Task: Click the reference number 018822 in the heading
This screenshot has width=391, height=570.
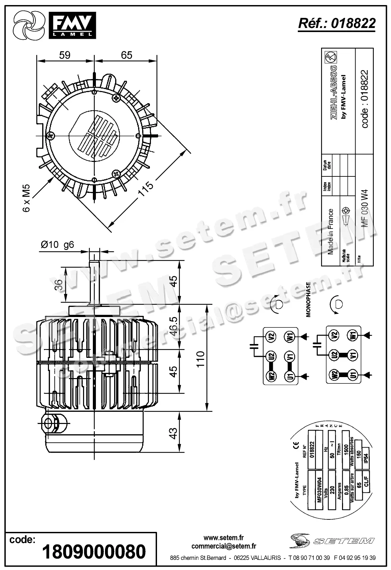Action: pyautogui.click(x=353, y=23)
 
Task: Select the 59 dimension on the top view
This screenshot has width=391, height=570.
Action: pyautogui.click(x=64, y=55)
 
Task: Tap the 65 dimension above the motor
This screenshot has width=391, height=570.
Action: pyautogui.click(x=126, y=55)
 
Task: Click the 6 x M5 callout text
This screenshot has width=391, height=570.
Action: pyautogui.click(x=27, y=198)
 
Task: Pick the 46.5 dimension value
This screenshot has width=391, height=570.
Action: pyautogui.click(x=173, y=326)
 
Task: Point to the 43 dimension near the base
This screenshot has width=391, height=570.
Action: pyautogui.click(x=173, y=433)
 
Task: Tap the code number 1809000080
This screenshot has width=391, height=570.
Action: pyautogui.click(x=94, y=552)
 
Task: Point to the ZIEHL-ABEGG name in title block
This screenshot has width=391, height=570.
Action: pyautogui.click(x=334, y=91)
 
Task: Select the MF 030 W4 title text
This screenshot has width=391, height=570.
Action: pyautogui.click(x=365, y=208)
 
